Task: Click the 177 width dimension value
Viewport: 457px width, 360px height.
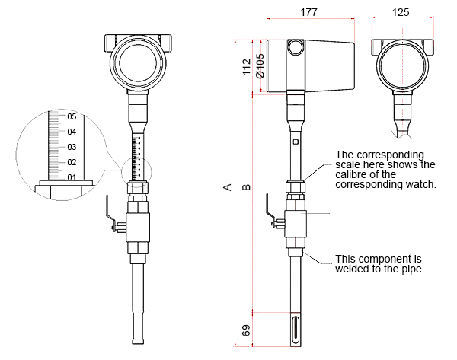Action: point(308,12)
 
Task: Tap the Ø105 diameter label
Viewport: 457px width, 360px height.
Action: point(260,67)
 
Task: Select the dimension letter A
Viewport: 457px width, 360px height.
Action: point(227,187)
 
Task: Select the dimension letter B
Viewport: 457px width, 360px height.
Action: point(246,187)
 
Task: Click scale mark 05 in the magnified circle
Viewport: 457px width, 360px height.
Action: point(72,117)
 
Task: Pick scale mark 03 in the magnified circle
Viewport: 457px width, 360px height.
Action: point(72,147)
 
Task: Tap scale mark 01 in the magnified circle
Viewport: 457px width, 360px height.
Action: point(72,177)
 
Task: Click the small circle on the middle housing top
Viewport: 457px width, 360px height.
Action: point(296,48)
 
